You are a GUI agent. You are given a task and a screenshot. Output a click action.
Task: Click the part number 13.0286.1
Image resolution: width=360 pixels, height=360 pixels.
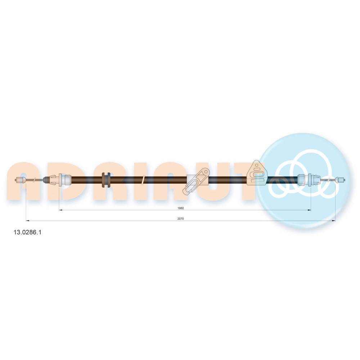tap(28, 232)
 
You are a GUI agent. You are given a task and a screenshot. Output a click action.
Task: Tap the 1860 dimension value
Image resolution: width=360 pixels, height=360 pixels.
tap(181, 208)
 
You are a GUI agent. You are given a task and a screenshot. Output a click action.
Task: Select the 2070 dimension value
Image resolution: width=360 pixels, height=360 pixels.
tap(181, 219)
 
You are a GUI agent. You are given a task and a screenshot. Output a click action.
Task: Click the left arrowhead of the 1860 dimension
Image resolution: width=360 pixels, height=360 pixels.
tap(60, 210)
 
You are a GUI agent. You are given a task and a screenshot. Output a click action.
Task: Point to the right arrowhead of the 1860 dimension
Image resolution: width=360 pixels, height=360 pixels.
tap(309, 210)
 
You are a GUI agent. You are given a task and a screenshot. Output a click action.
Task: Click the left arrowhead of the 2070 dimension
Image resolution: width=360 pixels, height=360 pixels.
tap(28, 221)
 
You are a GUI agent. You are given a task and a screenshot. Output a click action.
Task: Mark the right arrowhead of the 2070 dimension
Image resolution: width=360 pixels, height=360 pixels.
tap(334, 221)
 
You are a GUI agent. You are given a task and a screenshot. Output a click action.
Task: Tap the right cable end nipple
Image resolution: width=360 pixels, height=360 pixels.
tap(340, 180)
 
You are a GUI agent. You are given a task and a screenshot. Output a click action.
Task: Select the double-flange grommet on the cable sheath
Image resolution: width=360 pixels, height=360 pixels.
tap(106, 180)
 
